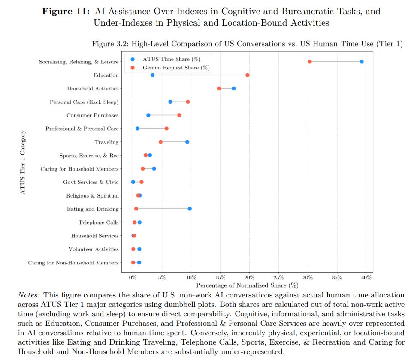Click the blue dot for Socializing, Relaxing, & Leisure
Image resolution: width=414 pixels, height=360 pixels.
(x=362, y=62)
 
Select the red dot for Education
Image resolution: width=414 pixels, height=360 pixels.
(x=248, y=75)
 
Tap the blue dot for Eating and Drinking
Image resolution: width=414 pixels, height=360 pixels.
(x=190, y=209)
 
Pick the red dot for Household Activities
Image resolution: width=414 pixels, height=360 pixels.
(x=219, y=88)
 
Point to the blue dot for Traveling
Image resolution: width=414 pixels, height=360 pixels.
(x=187, y=142)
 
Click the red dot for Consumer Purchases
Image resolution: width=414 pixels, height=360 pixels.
(x=179, y=115)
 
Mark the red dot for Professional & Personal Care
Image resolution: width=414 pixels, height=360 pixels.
(x=166, y=129)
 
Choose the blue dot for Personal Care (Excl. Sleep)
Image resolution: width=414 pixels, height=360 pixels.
(x=170, y=102)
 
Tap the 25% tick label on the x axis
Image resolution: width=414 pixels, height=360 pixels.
(x=278, y=277)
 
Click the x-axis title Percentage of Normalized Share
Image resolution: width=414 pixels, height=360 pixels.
(x=241, y=285)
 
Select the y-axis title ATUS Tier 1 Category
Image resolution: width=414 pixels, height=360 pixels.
(x=23, y=162)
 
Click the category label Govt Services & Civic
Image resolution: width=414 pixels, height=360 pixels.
(x=91, y=182)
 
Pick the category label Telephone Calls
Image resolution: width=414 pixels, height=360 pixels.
(x=99, y=222)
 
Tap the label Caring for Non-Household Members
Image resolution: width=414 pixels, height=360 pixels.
(x=73, y=263)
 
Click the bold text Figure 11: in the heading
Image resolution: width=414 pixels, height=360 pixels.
(x=66, y=11)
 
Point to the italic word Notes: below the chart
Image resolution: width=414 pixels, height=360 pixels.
(x=29, y=295)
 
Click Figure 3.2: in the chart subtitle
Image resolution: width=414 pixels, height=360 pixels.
(x=110, y=44)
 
